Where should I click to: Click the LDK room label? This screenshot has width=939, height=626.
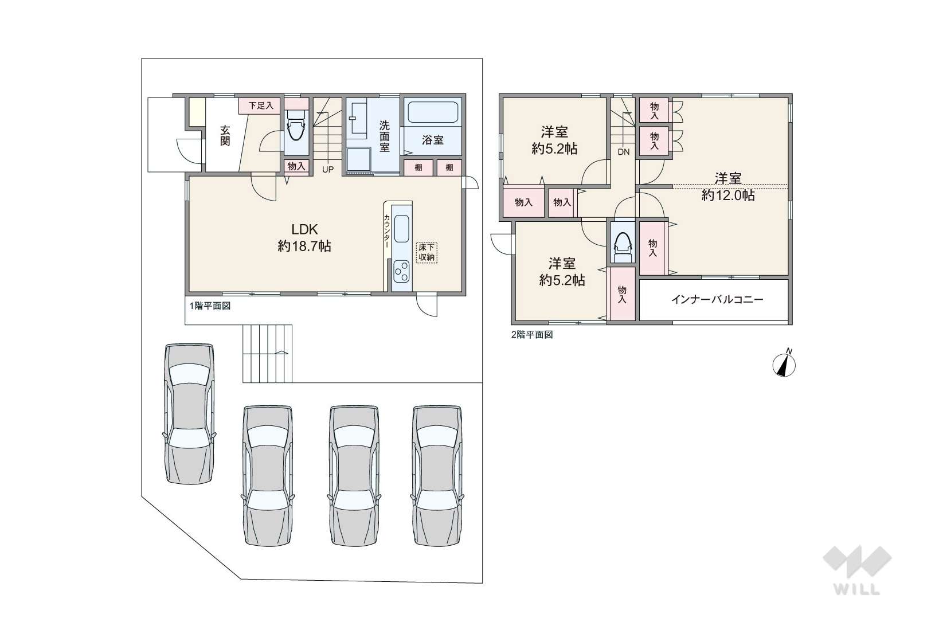coord(304,229)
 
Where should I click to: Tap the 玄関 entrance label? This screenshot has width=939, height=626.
coord(225,135)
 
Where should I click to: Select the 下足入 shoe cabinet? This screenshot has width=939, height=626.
coord(260,105)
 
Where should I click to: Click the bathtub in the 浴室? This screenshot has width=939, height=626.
coord(433,112)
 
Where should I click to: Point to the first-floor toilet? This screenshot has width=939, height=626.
coord(296,126)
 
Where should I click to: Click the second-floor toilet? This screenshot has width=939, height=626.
coord(623,248)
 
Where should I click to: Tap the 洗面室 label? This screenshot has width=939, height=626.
coord(385,136)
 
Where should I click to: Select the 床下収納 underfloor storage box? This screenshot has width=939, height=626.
coord(427,252)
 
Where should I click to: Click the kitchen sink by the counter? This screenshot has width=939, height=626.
coord(402,229)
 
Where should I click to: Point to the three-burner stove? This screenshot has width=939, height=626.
coord(402,271)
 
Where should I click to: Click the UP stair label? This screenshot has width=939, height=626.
coord(328,169)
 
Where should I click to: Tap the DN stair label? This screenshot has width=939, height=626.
coord(623,152)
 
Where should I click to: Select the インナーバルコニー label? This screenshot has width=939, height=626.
coord(717,299)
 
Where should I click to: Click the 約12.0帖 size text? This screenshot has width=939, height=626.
coord(728,195)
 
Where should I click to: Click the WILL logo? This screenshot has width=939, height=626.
coord(857,570)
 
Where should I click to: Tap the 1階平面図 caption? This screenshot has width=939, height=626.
coord(210,306)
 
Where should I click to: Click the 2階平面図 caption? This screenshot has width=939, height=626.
coord(532,335)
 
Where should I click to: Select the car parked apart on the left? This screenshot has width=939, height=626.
coord(189,414)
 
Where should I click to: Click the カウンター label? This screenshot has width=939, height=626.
coord(387,231)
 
